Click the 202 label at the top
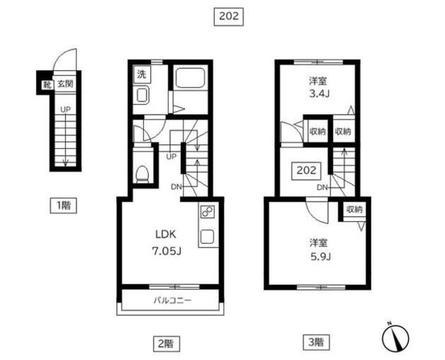pos(229,17)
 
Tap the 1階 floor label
pos(63,205)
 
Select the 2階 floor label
pos(166,344)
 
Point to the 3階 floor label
pos(316,343)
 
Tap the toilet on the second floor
pos(142,174)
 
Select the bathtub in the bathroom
pos(190,78)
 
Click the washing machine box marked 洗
pos(142,74)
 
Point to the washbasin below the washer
pos(142,95)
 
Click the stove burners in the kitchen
pos(207,212)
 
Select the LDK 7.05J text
pos(166,243)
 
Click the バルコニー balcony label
pos(172,300)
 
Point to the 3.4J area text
pos(318,88)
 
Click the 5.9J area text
pos(320,249)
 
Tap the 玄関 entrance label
pos(65,84)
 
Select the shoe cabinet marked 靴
pos(47,85)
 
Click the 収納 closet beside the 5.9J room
pos(355,210)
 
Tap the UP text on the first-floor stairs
pos(65,110)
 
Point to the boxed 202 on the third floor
pos(307,170)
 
